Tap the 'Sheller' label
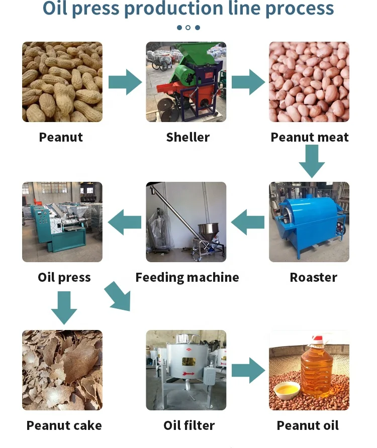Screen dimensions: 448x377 point(187,137)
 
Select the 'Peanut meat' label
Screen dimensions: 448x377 point(309,137)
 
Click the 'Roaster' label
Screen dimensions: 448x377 point(313,277)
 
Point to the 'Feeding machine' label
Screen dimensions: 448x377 point(187,277)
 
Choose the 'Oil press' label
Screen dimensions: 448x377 point(64,277)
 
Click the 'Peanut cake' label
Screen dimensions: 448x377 point(64,425)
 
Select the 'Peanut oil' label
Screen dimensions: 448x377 point(308,425)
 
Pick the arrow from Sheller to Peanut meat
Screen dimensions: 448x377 point(248,82)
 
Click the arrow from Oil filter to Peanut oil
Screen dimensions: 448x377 point(248,371)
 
